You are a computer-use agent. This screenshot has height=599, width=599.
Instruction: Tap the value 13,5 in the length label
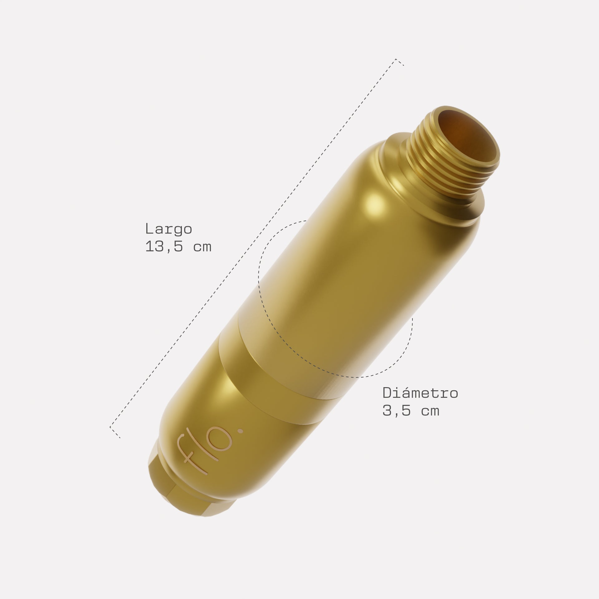click(165, 247)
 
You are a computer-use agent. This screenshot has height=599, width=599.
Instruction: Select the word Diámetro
click(420, 393)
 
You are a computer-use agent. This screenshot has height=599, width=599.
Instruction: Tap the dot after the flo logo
click(241, 431)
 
